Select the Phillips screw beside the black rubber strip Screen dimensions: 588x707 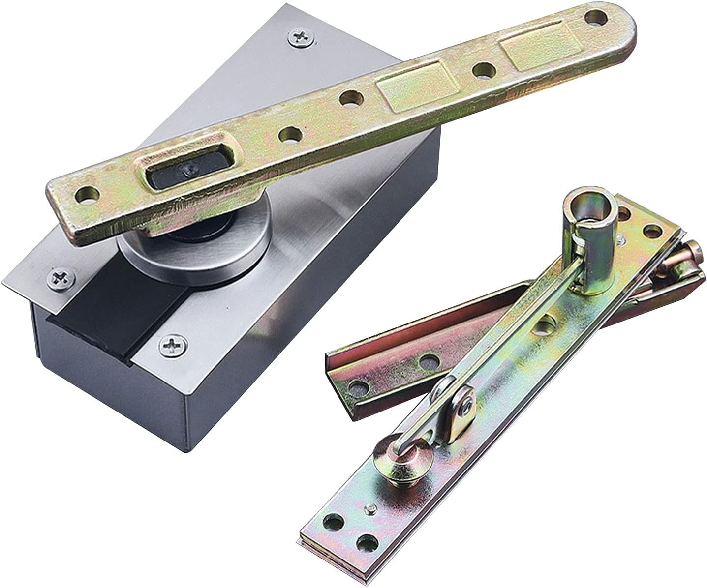click(x=173, y=346)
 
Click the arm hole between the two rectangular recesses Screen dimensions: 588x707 click(x=483, y=70)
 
